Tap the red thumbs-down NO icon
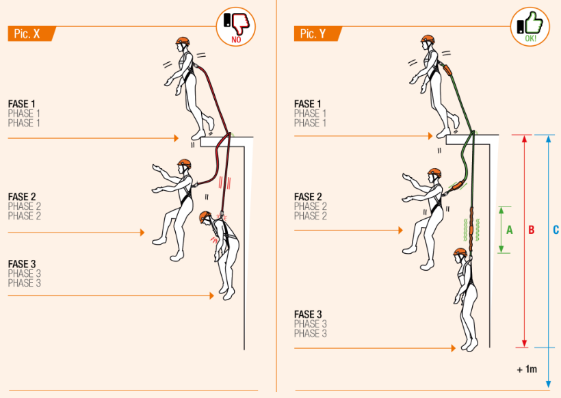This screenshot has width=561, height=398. pos(236,27)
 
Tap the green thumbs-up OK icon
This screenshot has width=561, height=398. pos(531,27)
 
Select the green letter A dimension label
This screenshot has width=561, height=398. pos(509,230)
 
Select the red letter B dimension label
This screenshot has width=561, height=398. pos(531,230)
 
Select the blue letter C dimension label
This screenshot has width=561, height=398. pos(555,230)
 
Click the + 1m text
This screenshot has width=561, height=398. pos(527,369)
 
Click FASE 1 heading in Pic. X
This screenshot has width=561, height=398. pos(23,104)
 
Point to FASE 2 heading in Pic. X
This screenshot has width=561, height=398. pos(23,197)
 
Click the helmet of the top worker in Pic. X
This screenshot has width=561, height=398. pos(182,41)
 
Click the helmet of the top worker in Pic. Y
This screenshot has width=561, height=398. pos(428,40)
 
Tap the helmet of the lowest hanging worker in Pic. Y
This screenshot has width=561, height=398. pos(460,252)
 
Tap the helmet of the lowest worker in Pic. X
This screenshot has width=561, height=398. pos(205,217)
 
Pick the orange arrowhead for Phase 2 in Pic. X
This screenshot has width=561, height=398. pos(142,233)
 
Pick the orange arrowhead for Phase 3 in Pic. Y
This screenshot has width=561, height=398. pos(453,348)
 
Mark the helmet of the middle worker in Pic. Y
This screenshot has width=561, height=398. pos(434,174)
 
